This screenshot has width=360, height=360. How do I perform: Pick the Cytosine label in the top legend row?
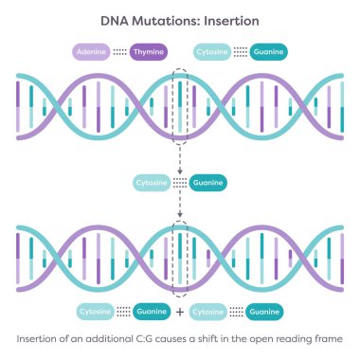click(x=214, y=50)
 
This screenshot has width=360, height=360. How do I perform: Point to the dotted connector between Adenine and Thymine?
click(x=119, y=50)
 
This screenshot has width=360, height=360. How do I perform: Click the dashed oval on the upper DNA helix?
click(x=181, y=103)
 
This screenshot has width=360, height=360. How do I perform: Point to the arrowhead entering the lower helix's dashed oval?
click(x=180, y=221)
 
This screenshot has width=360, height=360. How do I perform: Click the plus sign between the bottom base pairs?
click(x=179, y=311)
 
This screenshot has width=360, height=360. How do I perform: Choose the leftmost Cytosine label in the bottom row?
click(x=94, y=311)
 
